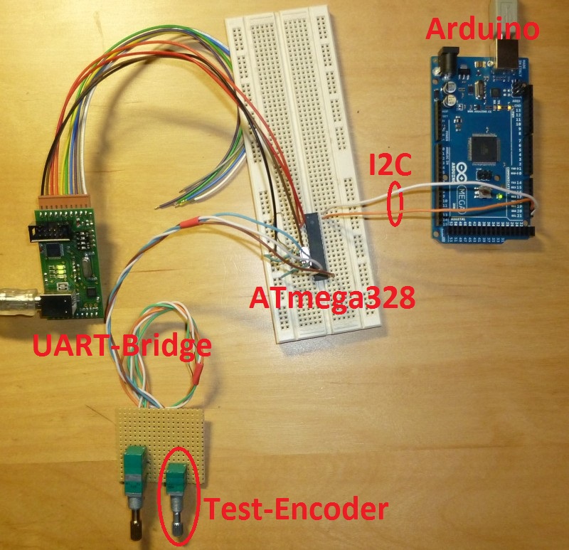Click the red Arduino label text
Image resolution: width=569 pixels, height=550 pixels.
[x=482, y=30]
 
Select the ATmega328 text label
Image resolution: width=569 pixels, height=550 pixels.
[x=331, y=298]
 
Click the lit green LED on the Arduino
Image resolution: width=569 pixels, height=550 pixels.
[x=503, y=196]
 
